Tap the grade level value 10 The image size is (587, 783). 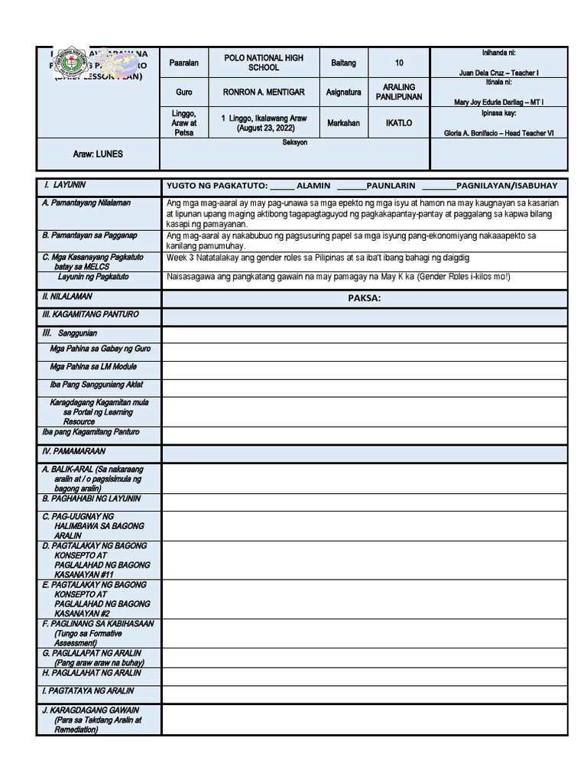point(399,63)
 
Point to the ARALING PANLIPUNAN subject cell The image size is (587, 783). point(399,93)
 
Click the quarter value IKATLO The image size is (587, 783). point(399,122)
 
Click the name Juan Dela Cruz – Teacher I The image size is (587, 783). point(499,71)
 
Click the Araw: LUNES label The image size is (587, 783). point(98,154)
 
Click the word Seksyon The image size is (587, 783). point(294,143)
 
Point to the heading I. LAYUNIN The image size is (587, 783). point(65,185)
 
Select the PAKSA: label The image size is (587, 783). point(364,298)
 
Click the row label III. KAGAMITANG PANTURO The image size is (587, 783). point(90,314)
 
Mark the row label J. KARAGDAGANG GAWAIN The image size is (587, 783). point(91,710)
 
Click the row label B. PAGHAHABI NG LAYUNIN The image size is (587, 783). point(91,499)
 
